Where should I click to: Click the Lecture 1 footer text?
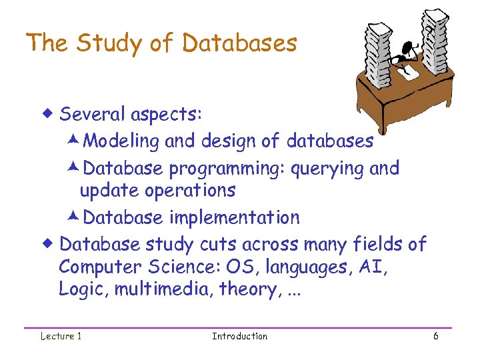(x=60, y=336)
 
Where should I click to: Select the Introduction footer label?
(x=239, y=336)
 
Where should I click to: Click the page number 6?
(x=435, y=336)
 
